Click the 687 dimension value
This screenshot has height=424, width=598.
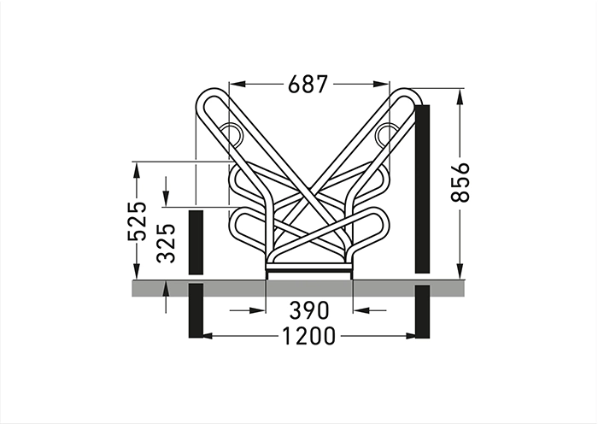point(308,84)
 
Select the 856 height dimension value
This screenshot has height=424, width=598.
point(460,182)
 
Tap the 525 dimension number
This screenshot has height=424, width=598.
point(137,221)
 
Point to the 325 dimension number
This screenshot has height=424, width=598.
point(167,244)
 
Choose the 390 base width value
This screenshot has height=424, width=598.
point(309,310)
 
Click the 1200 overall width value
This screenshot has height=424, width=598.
point(309,336)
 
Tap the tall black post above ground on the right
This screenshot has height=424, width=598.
point(422,189)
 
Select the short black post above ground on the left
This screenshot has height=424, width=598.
point(196,242)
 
